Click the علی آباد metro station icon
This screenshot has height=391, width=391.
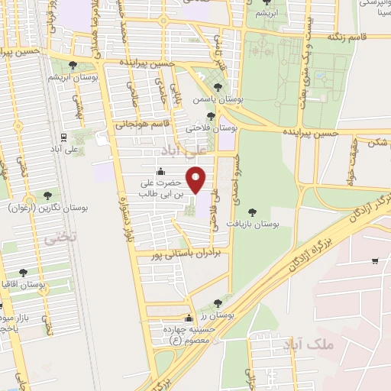pyautogui.click(x=65, y=138)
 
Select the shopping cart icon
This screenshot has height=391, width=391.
pyautogui.click(x=374, y=262)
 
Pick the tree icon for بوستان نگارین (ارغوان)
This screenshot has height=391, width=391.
pyautogui.click(x=48, y=196)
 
